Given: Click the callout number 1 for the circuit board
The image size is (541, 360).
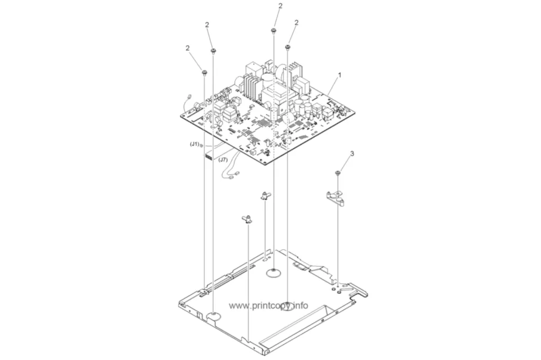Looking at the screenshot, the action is click(340, 75).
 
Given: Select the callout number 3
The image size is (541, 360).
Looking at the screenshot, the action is click(352, 154).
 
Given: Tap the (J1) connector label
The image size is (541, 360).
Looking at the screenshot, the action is click(194, 145).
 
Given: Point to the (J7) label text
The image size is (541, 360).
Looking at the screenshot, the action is click(223, 159).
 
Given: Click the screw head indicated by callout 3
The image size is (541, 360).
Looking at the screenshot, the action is click(338, 173).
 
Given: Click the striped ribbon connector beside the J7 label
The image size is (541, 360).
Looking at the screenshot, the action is click(209, 157).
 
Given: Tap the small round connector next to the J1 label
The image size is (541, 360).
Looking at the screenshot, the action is click(202, 146).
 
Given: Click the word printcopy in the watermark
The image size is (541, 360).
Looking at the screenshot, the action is click(268, 306).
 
